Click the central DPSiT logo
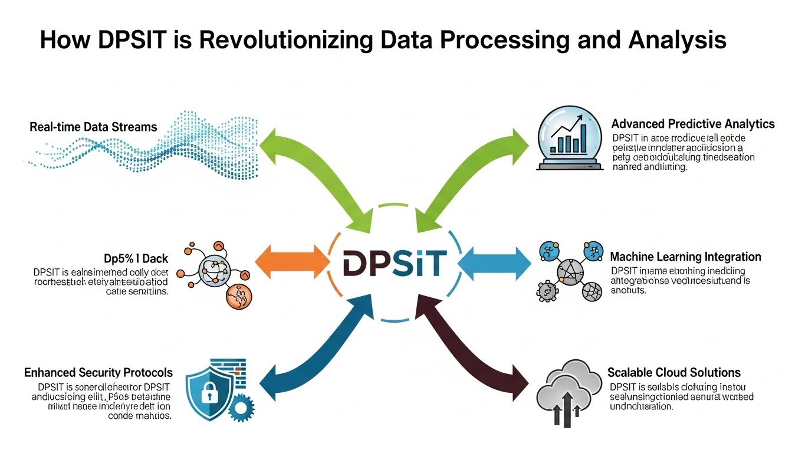tap(392, 262)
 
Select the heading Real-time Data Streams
tap(93, 127)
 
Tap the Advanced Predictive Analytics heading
tap(693, 124)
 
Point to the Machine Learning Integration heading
tap(685, 257)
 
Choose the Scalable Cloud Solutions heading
tap(673, 373)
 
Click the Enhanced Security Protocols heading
tap(98, 373)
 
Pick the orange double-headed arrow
tap(292, 260)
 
